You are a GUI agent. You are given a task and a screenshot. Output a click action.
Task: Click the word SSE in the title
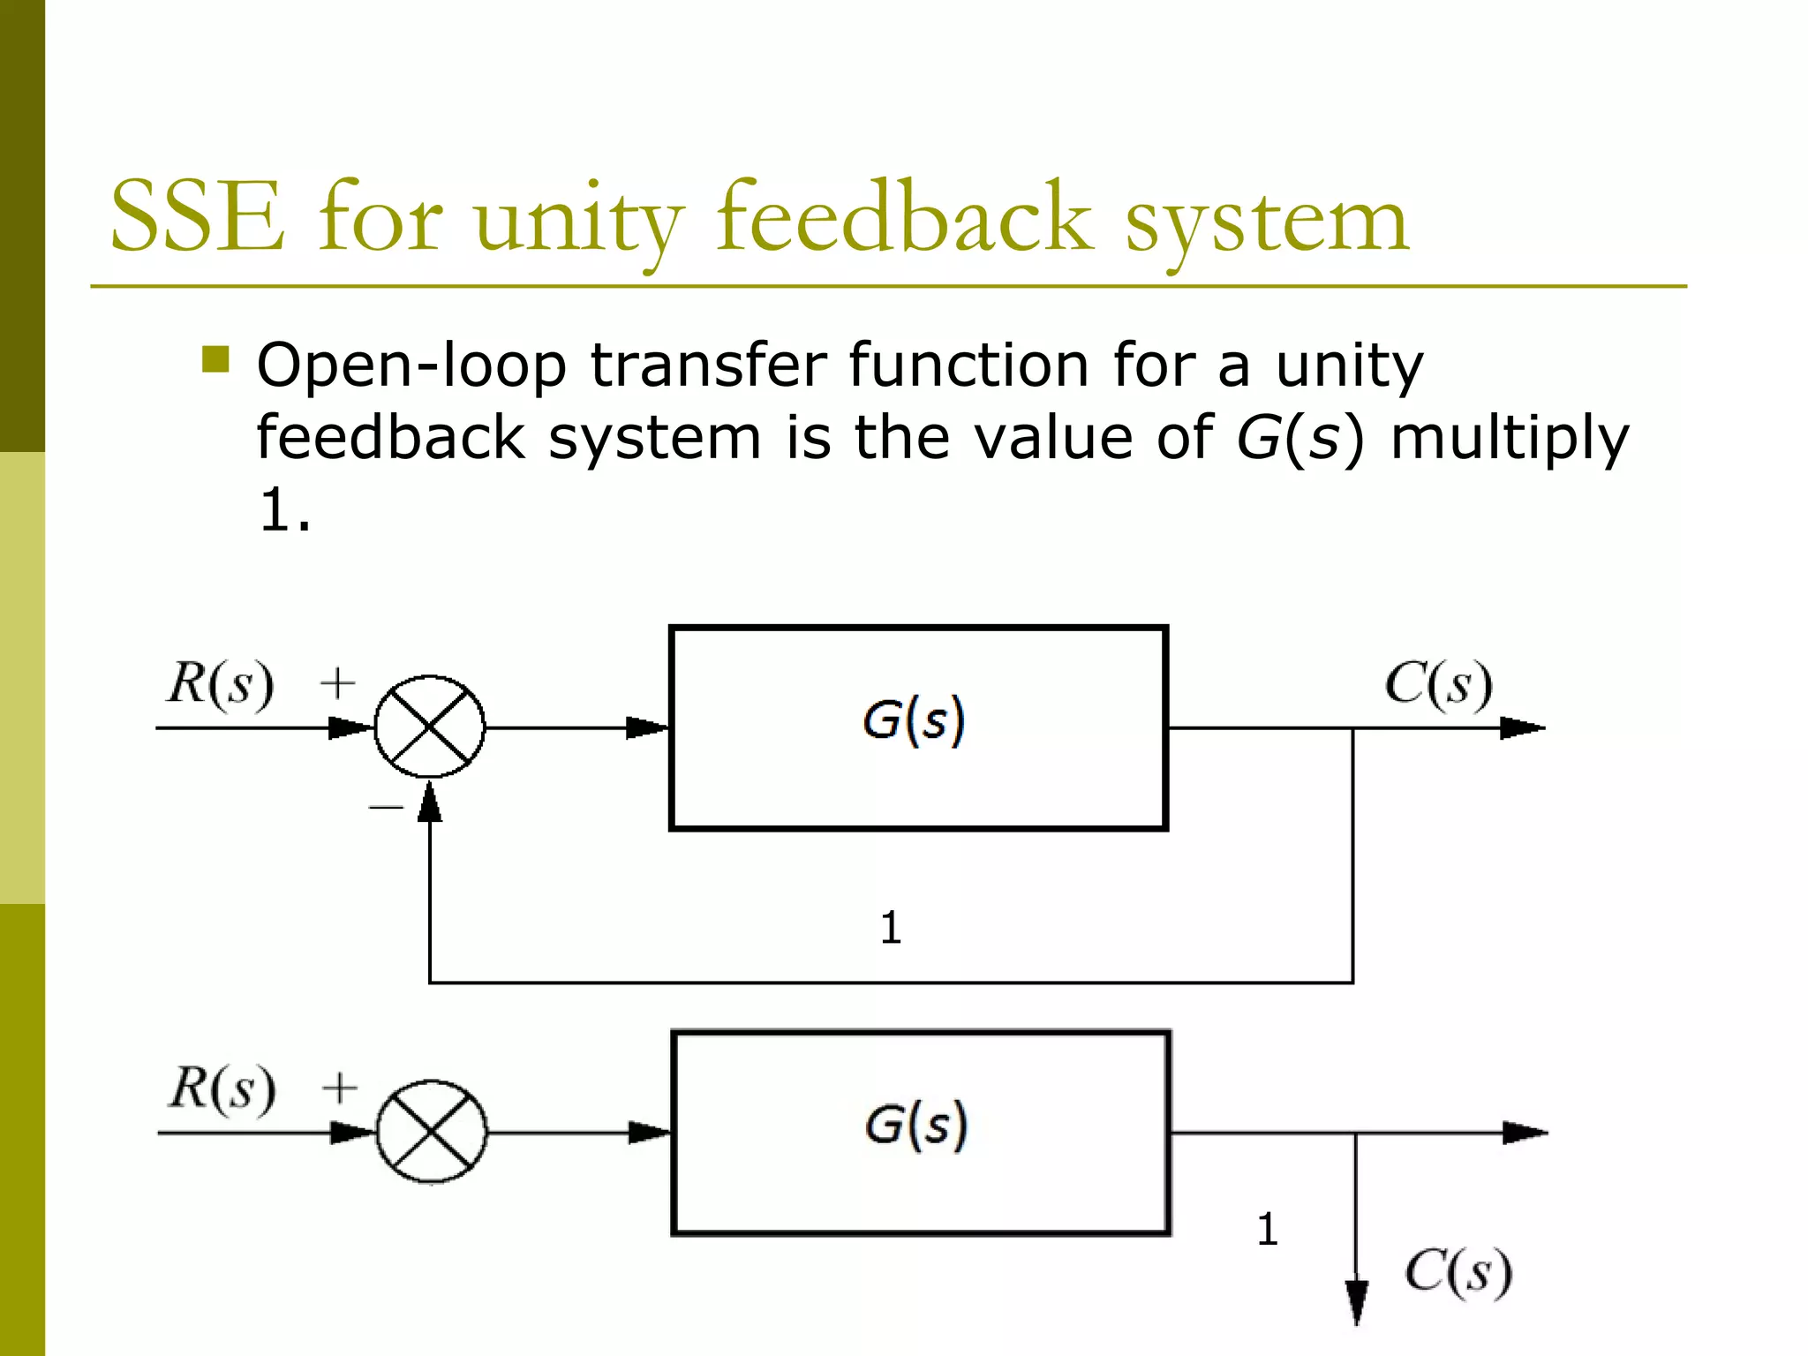click(x=198, y=217)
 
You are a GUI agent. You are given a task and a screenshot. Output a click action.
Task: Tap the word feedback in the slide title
click(x=903, y=217)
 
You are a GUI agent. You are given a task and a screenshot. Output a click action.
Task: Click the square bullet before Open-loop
click(x=215, y=359)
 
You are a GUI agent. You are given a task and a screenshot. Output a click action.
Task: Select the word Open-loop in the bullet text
click(x=411, y=365)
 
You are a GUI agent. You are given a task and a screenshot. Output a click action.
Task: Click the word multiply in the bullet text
click(x=1509, y=439)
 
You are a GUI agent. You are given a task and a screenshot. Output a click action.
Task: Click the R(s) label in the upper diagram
click(x=221, y=683)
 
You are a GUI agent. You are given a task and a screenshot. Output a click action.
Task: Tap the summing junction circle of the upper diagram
click(x=430, y=727)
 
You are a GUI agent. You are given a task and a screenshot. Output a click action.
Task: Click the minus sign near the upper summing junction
click(x=386, y=806)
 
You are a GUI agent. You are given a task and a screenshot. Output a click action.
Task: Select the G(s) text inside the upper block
click(x=915, y=720)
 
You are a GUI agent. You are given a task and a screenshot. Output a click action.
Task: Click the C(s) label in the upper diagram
click(x=1438, y=684)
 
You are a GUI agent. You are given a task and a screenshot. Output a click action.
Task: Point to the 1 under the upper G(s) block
click(x=891, y=928)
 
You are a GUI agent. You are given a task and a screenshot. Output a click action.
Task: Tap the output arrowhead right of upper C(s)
click(x=1522, y=728)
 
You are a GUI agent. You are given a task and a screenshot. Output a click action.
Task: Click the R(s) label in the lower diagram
click(x=222, y=1088)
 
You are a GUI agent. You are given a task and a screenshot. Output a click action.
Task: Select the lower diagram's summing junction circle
click(x=432, y=1132)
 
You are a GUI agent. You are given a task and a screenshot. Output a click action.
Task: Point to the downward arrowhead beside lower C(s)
click(x=1357, y=1301)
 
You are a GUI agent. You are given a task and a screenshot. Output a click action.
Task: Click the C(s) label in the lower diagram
click(x=1458, y=1272)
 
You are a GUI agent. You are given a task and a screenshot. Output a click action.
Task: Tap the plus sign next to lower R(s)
click(x=340, y=1088)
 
